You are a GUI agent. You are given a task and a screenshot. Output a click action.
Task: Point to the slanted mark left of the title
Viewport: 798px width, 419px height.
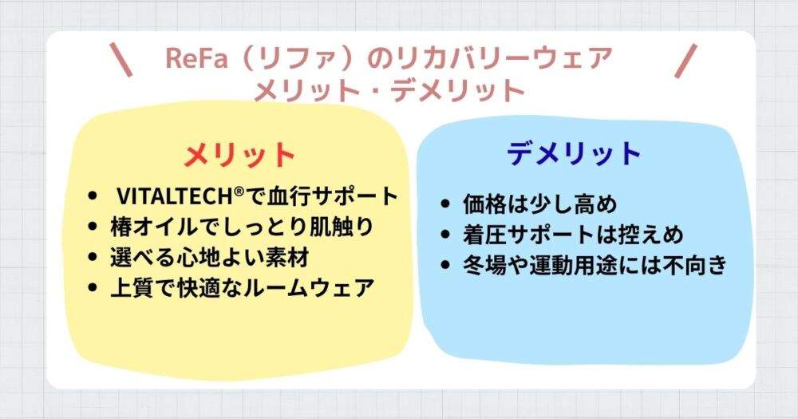[x=123, y=61]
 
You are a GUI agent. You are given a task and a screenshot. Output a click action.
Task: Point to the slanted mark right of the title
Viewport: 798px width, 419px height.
[x=685, y=61]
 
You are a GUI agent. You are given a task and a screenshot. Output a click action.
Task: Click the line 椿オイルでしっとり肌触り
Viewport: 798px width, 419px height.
[x=241, y=227]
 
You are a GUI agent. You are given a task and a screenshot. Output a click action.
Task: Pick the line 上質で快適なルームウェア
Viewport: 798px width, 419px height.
[x=241, y=287]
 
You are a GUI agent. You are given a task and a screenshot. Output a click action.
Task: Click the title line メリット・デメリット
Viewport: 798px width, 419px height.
[x=389, y=89]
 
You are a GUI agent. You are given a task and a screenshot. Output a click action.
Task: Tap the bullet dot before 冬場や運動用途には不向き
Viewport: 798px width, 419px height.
[x=445, y=266]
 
